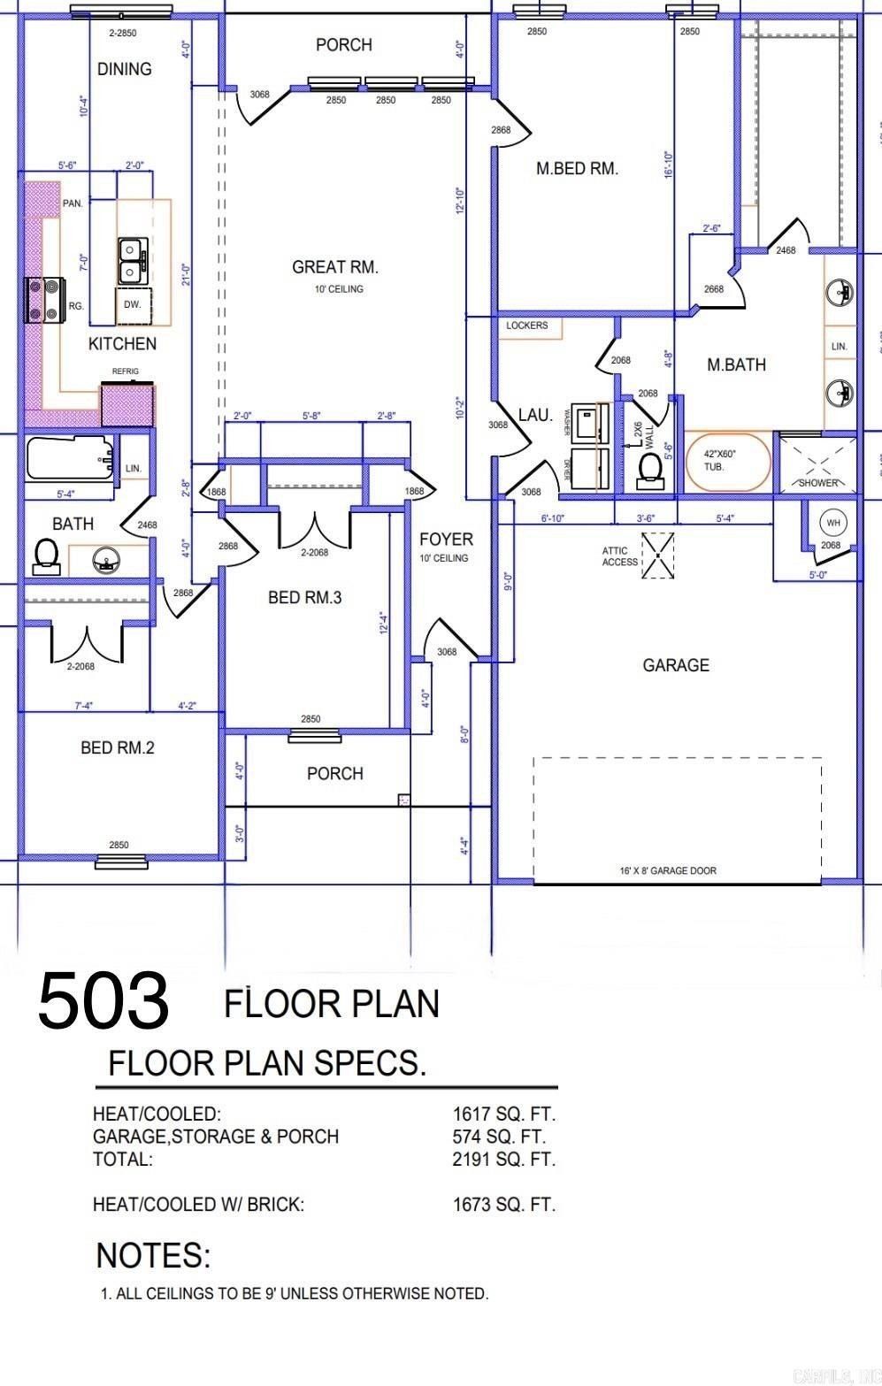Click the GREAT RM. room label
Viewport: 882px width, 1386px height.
335,267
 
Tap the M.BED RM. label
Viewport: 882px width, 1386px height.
577,168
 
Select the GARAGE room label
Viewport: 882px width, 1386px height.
676,665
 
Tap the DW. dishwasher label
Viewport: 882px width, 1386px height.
133,304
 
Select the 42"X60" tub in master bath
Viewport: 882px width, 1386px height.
729,460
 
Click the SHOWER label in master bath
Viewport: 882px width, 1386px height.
817,483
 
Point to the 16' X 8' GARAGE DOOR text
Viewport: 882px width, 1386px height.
668,870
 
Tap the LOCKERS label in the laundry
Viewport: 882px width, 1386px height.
527,325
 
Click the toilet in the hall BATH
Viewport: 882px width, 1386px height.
44,555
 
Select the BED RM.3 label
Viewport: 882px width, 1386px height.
304,598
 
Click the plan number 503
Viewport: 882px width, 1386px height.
103,1000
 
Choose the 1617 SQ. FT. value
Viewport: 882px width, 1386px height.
503,1114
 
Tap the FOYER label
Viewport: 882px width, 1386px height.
446,540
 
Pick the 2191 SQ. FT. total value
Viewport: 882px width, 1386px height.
503,1160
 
